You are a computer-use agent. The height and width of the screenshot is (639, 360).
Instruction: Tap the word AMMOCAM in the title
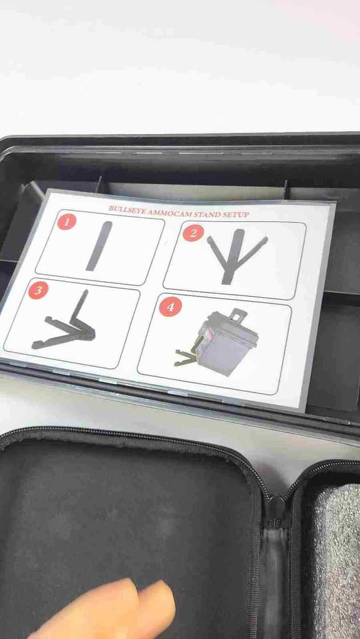point(164,211)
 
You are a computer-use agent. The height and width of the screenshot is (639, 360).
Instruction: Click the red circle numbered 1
point(67,221)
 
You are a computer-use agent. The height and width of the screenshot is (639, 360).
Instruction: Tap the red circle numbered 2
point(193,233)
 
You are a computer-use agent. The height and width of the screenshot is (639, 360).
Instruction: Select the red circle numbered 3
point(38,289)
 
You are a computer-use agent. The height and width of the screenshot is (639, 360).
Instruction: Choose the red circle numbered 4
point(170,307)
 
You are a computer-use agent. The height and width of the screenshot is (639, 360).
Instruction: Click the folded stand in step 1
point(99,246)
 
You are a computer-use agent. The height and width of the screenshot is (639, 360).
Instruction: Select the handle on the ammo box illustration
point(238,316)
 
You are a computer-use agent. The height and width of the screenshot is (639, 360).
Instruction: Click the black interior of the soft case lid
point(122,526)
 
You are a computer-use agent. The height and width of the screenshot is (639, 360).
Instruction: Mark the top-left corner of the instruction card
point(47,189)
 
